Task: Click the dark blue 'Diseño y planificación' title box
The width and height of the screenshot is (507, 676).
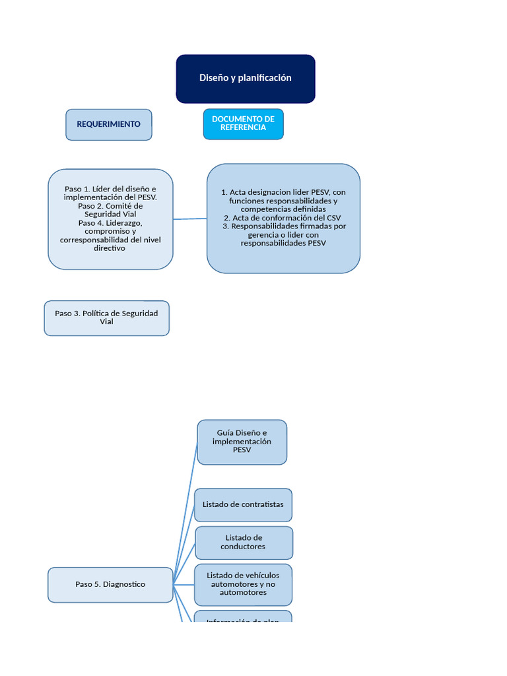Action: (245, 79)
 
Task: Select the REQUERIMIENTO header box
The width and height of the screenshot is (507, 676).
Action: (109, 125)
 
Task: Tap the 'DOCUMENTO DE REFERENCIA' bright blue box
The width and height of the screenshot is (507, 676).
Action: (243, 124)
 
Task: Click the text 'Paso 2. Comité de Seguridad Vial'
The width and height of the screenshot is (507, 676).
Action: (110, 210)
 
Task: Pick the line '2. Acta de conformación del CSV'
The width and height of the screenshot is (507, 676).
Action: (283, 218)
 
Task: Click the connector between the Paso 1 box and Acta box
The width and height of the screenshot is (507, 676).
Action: (190, 219)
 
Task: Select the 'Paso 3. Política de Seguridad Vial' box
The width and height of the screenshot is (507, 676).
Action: (107, 318)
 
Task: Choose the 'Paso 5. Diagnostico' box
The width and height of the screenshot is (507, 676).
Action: (110, 584)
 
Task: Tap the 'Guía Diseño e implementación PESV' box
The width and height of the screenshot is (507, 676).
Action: (242, 442)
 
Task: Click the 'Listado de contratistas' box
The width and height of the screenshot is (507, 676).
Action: (243, 505)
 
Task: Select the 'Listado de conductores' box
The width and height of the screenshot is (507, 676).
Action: (244, 543)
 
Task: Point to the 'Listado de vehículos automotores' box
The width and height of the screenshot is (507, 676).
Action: (243, 584)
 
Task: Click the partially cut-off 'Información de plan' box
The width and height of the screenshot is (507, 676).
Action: (243, 619)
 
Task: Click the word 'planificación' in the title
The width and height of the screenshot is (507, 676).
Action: (265, 78)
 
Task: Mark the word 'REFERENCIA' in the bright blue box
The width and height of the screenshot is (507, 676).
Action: (243, 128)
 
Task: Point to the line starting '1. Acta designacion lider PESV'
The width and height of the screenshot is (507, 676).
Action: (283, 192)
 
